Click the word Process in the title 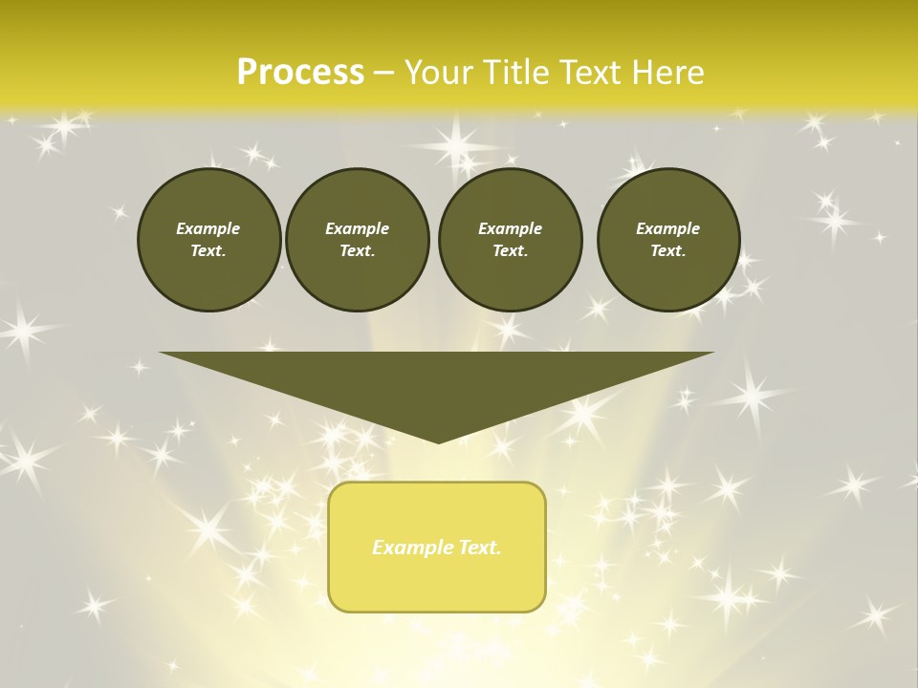[300, 72]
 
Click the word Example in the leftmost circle [208, 228]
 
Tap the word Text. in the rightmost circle [667, 250]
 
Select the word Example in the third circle [510, 228]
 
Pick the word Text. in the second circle [357, 250]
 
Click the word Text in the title [590, 72]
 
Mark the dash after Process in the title [384, 73]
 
